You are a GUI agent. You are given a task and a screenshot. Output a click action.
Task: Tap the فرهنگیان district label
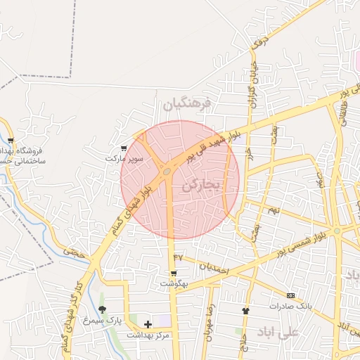(x=187, y=105)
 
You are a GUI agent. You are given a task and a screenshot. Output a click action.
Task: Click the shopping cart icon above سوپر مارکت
(x=124, y=148)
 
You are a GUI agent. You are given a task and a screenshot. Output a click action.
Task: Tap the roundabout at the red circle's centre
(x=167, y=171)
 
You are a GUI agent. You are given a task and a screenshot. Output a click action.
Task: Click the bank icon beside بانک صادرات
(x=291, y=295)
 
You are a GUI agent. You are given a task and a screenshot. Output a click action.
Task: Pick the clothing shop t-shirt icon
(x=245, y=310)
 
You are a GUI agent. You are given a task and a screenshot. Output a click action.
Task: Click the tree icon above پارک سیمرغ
(x=103, y=309)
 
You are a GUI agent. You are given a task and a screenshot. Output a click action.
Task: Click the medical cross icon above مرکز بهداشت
(x=148, y=324)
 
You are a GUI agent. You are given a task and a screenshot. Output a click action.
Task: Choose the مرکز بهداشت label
(x=148, y=335)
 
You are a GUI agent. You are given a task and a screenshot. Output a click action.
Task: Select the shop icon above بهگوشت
(x=173, y=273)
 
